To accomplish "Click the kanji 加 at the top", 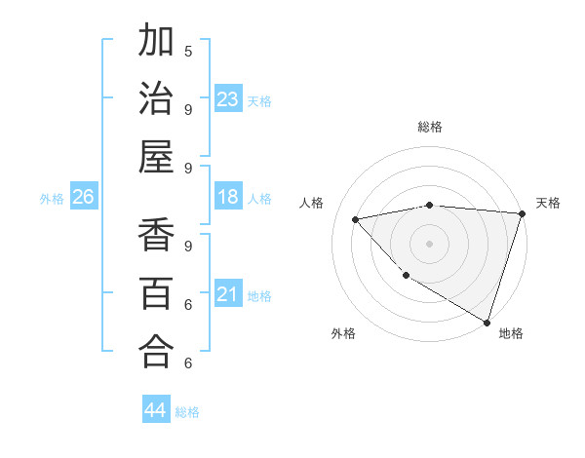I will (157, 43).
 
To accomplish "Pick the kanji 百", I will (157, 292).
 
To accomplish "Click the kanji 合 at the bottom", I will (157, 350).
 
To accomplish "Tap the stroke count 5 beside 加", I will (188, 52).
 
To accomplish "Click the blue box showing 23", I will (227, 98).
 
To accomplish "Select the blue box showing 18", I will (227, 197).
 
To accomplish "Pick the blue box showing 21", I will (227, 294).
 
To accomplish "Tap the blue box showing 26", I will (83, 197).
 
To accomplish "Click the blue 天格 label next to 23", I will (259, 100).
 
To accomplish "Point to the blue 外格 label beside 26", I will (52, 199).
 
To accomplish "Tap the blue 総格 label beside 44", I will (187, 412).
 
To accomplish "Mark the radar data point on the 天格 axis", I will (521, 213).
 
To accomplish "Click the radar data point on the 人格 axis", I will (355, 219).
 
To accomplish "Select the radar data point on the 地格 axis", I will (487, 322).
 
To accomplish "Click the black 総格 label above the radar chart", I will (429, 127).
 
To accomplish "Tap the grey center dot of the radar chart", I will (429, 242).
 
